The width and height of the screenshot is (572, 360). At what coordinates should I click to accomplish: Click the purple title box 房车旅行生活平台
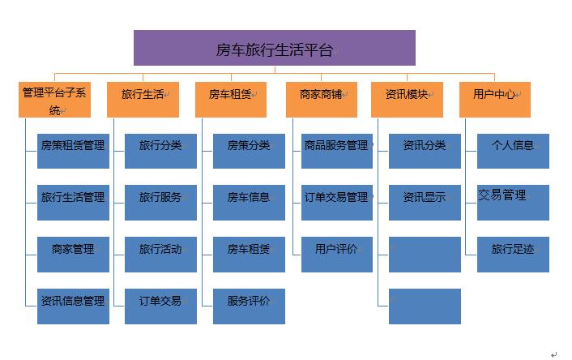(x=275, y=48)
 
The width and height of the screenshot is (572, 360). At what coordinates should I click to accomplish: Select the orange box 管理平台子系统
(x=55, y=100)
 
